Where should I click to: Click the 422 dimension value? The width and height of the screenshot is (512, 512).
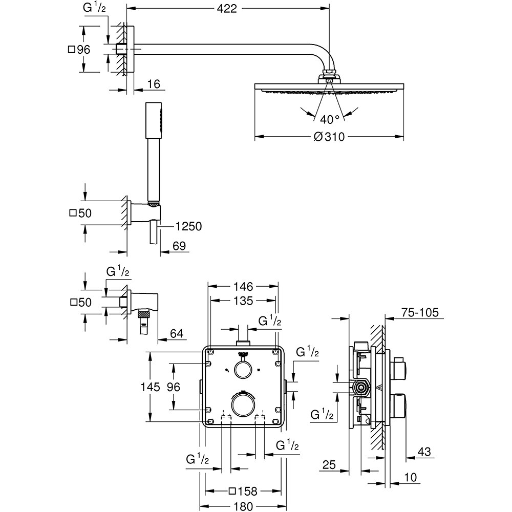coord(226,9)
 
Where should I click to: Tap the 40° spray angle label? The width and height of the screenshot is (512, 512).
coord(330,119)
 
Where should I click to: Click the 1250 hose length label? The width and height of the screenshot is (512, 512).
coord(188,226)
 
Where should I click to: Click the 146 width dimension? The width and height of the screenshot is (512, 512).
coord(244,286)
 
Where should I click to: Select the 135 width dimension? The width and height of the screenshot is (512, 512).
coord(244,301)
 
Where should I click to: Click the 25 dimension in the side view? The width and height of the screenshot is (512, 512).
coord(329,465)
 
